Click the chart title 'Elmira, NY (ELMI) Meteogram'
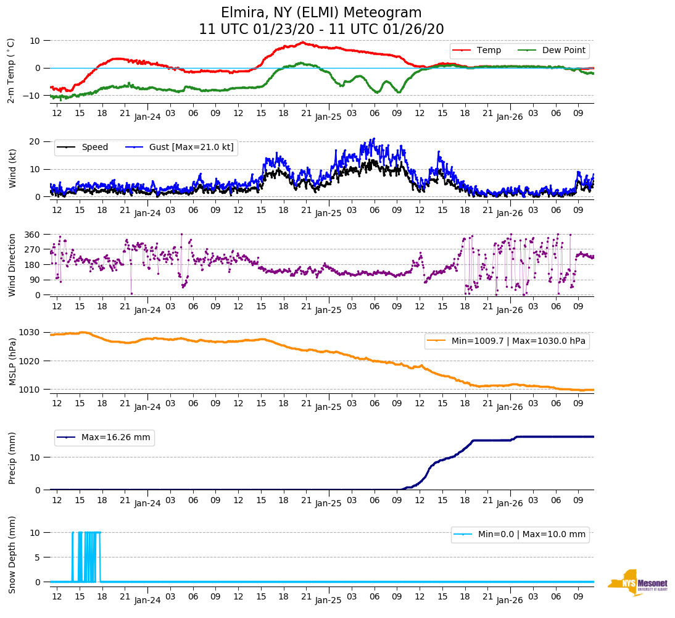pyautogui.click(x=321, y=13)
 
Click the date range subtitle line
pyautogui.click(x=321, y=30)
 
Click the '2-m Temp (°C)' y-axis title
pyautogui.click(x=10, y=70)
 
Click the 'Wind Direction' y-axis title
pyautogui.click(x=12, y=265)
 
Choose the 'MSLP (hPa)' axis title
pyautogui.click(x=12, y=361)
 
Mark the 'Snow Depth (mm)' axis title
pyautogui.click(x=12, y=554)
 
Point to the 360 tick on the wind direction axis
pyautogui.click(x=33, y=235)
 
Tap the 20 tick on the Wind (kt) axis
pyautogui.click(x=35, y=141)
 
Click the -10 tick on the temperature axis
pyautogui.click(x=32, y=96)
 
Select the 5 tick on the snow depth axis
pyautogui.click(x=38, y=557)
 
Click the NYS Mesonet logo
pyautogui.click(x=638, y=583)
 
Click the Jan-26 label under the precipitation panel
pyautogui.click(x=510, y=503)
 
